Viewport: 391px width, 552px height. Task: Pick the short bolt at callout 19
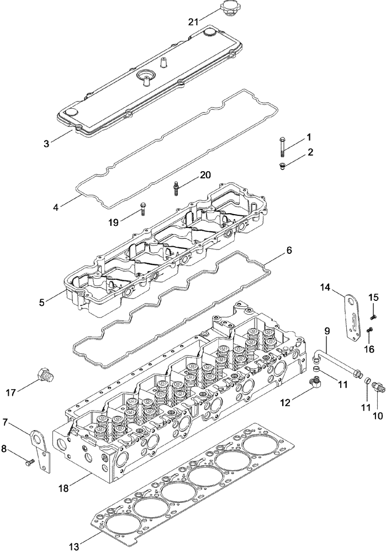142,210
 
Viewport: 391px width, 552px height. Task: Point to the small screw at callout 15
372,316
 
